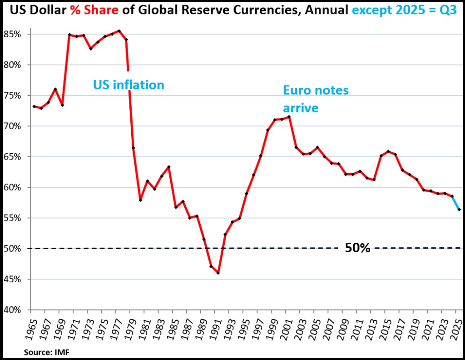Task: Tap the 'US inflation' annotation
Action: click(x=129, y=85)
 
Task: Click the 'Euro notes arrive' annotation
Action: click(x=316, y=99)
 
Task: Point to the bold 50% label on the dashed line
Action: click(x=358, y=248)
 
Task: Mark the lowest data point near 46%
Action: click(x=218, y=273)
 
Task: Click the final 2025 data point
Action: click(x=459, y=209)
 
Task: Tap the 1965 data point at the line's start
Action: click(x=34, y=106)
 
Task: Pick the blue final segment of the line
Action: click(x=456, y=203)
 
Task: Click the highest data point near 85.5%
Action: click(x=119, y=31)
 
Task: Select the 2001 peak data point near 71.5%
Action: click(x=289, y=117)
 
